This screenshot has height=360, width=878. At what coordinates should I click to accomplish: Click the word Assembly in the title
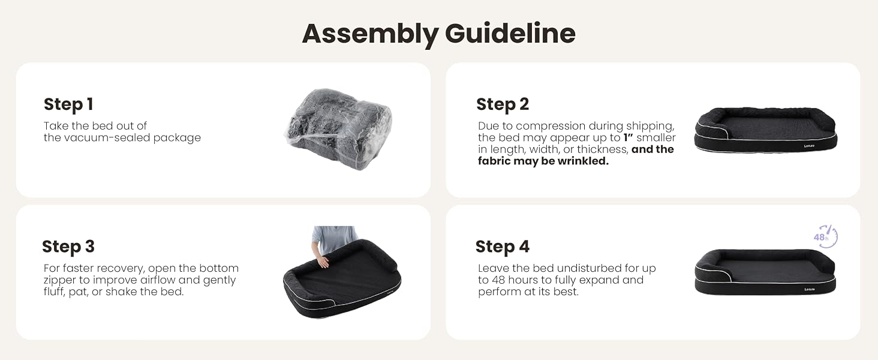370,34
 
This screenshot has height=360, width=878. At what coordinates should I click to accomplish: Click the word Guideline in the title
510,33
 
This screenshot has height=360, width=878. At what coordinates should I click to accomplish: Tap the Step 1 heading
68,104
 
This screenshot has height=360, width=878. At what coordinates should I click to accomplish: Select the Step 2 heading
503,104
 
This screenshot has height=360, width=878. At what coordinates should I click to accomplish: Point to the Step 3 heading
68,247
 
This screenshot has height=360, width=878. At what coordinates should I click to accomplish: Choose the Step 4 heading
503,247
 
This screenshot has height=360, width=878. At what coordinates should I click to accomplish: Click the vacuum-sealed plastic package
338,128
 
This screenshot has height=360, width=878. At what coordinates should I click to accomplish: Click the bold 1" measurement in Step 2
629,137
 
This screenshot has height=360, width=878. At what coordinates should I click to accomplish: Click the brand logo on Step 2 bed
809,146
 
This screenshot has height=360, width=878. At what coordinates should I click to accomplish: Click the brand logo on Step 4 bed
809,289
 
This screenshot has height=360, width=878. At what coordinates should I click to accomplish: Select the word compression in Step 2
551,126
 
